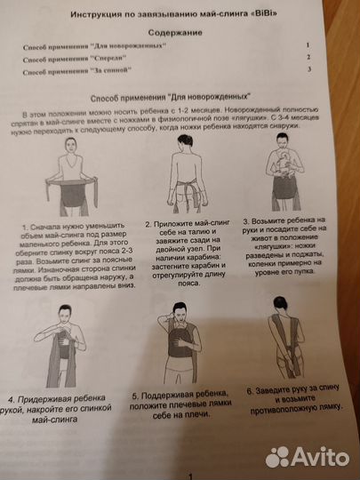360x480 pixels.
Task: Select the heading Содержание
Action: [x=177, y=32]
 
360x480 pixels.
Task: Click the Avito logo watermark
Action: [x=310, y=456]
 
